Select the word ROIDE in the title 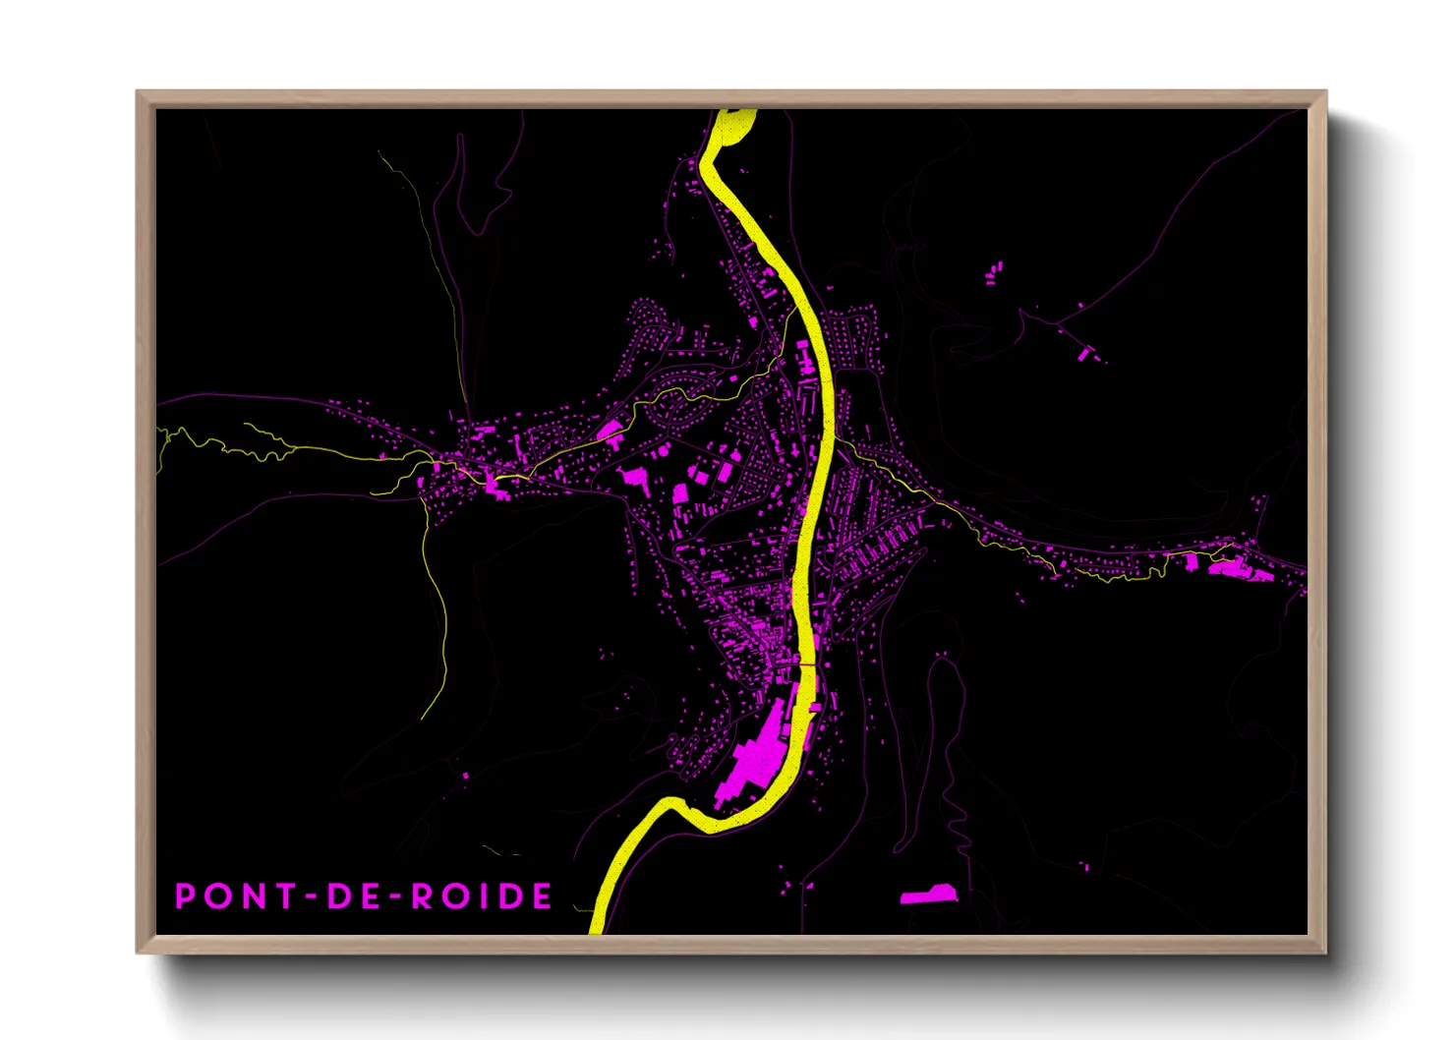(x=481, y=896)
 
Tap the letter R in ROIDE (x=421, y=896)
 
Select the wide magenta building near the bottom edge (x=928, y=896)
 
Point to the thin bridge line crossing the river (x=805, y=665)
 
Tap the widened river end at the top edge (x=735, y=124)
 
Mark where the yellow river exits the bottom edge (x=597, y=930)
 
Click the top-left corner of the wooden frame (x=138, y=92)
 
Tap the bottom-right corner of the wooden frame (x=1325, y=952)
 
